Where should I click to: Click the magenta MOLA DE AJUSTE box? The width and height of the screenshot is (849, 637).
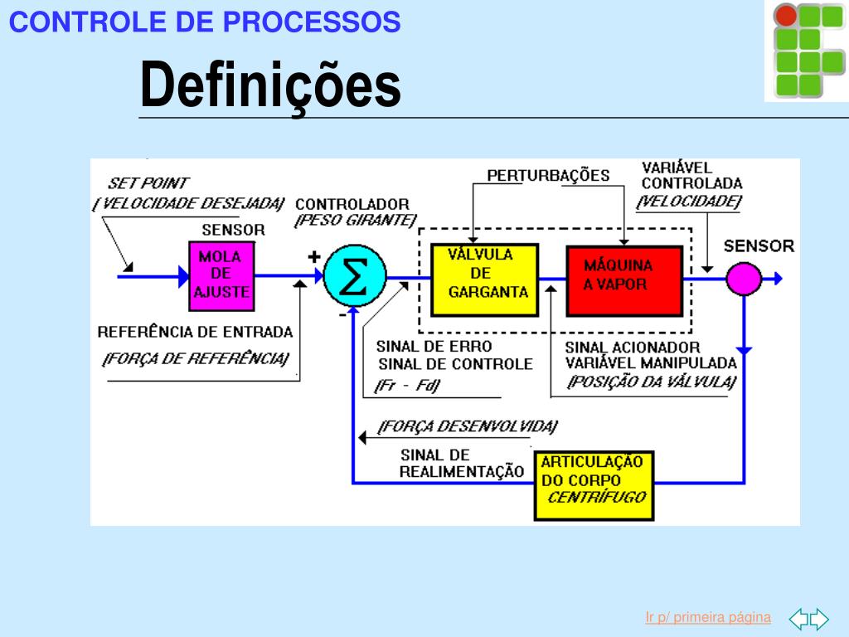point(221,275)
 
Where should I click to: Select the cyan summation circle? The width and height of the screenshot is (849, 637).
point(354,277)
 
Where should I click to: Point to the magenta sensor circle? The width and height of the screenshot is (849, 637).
point(744,278)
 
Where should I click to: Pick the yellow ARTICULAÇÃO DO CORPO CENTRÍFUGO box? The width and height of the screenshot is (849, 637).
point(594,485)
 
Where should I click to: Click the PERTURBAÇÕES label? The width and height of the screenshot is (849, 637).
point(548,176)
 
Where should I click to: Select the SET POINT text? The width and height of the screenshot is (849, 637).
point(148,183)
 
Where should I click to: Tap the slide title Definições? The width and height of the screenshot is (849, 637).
point(269,85)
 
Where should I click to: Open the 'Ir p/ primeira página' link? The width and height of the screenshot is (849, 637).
point(708,617)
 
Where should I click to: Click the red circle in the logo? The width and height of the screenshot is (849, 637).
point(785,16)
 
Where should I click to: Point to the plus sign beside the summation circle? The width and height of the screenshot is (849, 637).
point(313,257)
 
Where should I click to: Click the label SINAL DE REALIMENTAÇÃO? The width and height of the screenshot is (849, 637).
point(461,464)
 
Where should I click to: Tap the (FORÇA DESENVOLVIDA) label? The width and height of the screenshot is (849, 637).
point(467,426)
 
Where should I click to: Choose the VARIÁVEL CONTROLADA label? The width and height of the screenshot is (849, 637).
point(691,176)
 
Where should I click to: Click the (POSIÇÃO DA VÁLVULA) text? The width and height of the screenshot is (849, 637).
point(652,382)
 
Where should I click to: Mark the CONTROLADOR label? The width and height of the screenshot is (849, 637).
point(352,204)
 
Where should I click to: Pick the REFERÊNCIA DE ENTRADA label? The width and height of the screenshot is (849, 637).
point(195,332)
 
